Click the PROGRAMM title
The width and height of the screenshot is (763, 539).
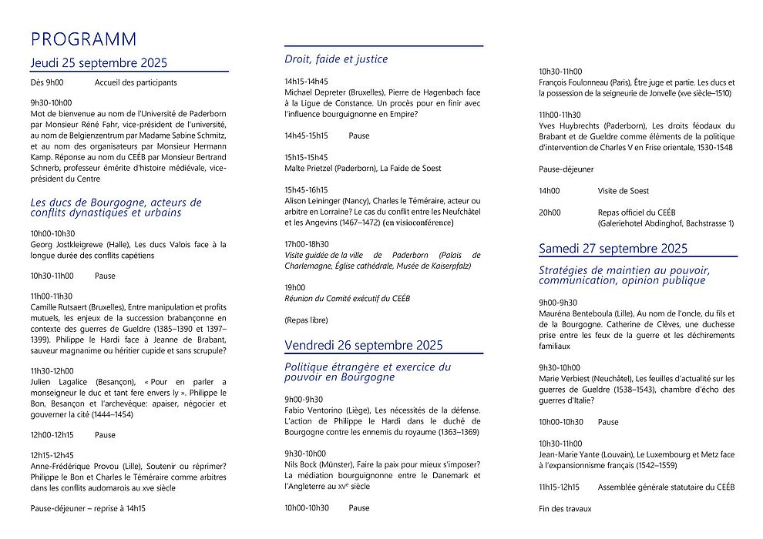[83, 39]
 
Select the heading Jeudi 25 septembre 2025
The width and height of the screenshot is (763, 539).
[99, 63]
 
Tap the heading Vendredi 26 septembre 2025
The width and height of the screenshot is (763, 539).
[363, 344]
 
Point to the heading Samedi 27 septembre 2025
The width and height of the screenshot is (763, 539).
[613, 248]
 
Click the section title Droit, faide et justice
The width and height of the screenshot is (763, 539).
[336, 59]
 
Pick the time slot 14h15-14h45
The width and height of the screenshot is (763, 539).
[306, 81]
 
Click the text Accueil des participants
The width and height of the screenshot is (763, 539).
[136, 82]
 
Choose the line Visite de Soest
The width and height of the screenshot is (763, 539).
[623, 190]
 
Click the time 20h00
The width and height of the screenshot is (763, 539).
[550, 213]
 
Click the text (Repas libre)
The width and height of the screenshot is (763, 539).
[306, 320]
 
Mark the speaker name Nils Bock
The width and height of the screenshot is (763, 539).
[301, 464]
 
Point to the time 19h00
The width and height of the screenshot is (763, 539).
[295, 287]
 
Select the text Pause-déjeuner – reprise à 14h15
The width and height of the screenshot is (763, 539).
[88, 508]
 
